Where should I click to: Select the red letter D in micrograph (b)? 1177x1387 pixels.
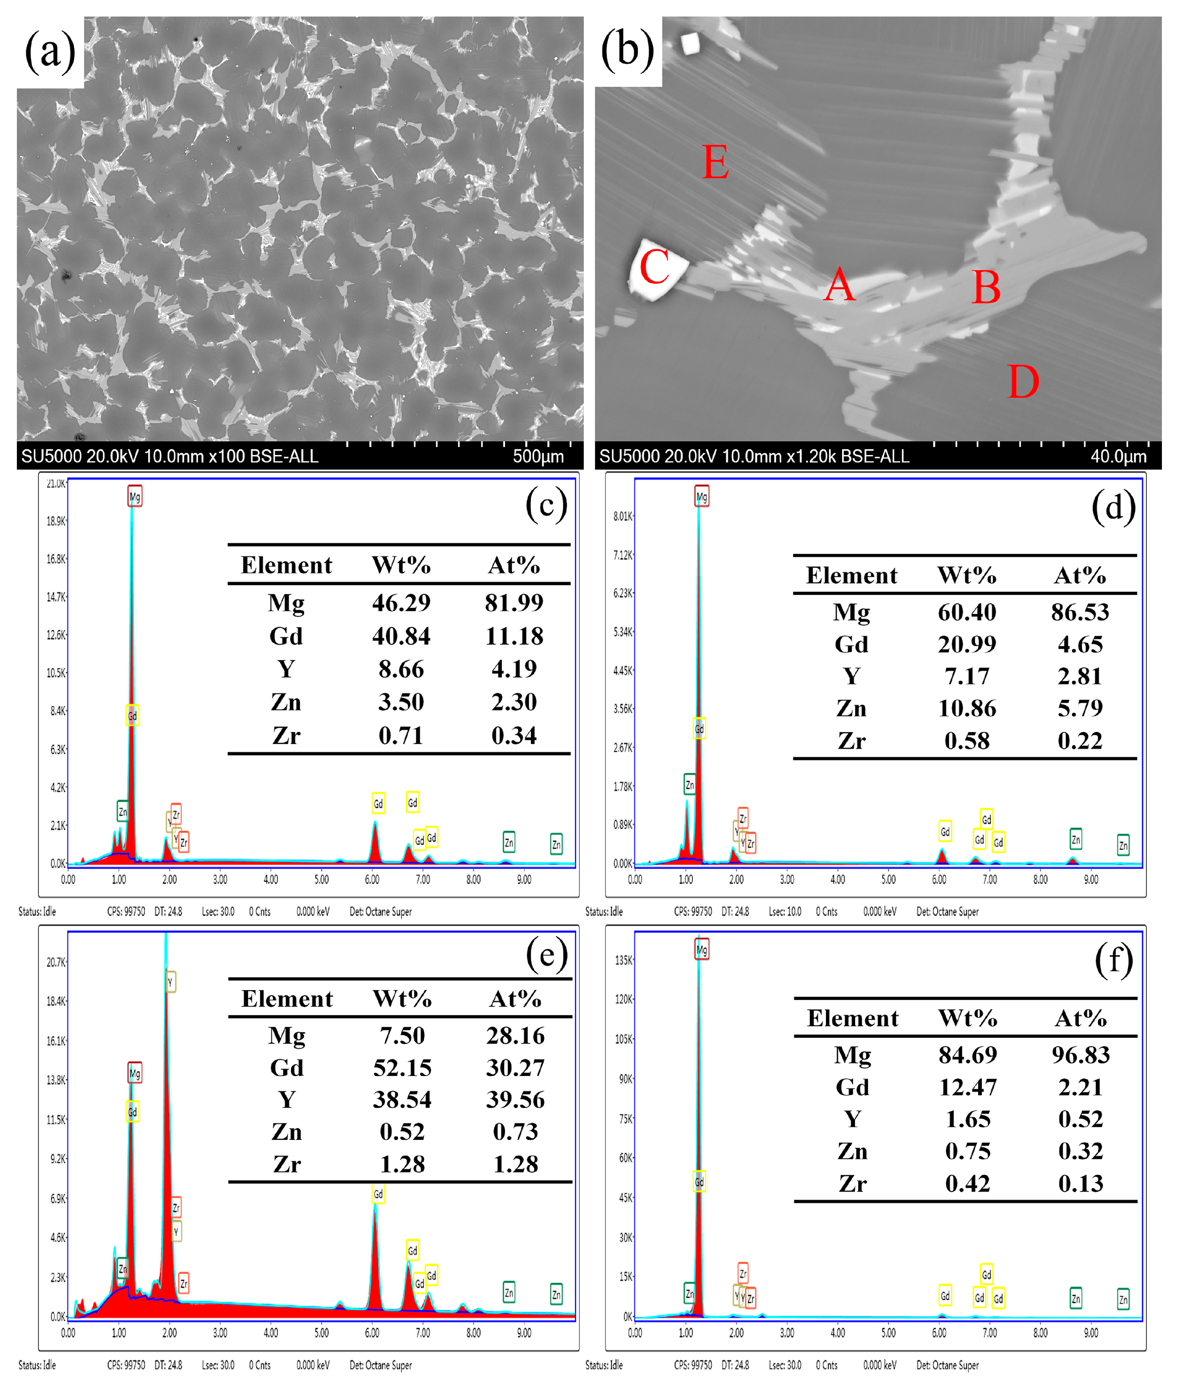(x=1023, y=382)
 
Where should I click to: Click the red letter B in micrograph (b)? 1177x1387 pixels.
(x=986, y=288)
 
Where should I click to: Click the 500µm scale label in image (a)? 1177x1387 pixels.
(x=538, y=456)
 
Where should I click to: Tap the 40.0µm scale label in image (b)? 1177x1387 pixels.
(x=1118, y=456)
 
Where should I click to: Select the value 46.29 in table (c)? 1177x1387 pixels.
(x=401, y=603)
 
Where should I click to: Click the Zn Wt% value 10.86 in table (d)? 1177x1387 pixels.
(x=967, y=708)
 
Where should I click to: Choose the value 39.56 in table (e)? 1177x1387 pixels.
(x=515, y=1099)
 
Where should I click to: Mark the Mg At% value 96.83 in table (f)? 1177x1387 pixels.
(x=1080, y=1054)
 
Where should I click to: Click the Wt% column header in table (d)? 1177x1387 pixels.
(x=967, y=575)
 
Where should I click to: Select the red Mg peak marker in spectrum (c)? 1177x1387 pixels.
(x=135, y=497)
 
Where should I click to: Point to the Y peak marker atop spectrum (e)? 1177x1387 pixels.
(x=170, y=982)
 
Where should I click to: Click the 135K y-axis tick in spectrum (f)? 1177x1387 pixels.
(x=623, y=960)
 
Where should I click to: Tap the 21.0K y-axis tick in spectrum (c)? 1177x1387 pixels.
(x=56, y=483)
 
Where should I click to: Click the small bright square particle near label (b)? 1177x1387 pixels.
(x=690, y=44)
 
